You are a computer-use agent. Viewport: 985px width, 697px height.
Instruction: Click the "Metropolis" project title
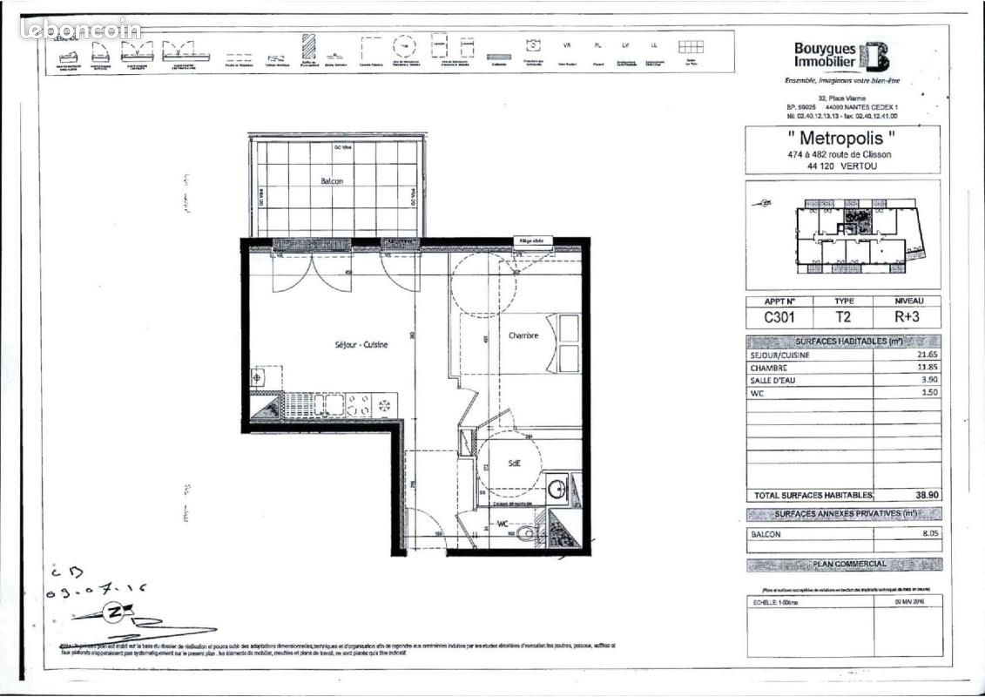(842, 138)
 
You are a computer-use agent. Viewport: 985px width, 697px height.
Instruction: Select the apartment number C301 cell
(779, 318)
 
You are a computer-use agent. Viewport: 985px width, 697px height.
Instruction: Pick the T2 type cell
(843, 318)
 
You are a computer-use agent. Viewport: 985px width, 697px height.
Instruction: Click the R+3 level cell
(907, 318)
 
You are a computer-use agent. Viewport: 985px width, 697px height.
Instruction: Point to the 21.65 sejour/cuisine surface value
(927, 355)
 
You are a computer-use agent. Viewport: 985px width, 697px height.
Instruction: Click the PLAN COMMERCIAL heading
(848, 564)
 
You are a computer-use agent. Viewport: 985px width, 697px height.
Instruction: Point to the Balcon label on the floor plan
(331, 181)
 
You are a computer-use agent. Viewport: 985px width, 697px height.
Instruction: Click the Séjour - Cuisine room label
(361, 345)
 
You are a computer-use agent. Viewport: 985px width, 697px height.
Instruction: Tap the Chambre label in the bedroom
(523, 335)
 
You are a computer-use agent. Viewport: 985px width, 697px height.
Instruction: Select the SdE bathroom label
(514, 464)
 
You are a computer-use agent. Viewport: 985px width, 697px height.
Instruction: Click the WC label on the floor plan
(503, 524)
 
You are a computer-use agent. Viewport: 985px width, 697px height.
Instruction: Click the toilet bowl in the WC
(525, 533)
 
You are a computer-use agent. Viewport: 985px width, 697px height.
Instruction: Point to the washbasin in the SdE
(557, 488)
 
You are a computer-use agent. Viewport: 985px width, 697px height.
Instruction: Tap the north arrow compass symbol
(112, 613)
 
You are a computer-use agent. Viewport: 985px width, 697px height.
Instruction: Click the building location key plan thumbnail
(842, 234)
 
